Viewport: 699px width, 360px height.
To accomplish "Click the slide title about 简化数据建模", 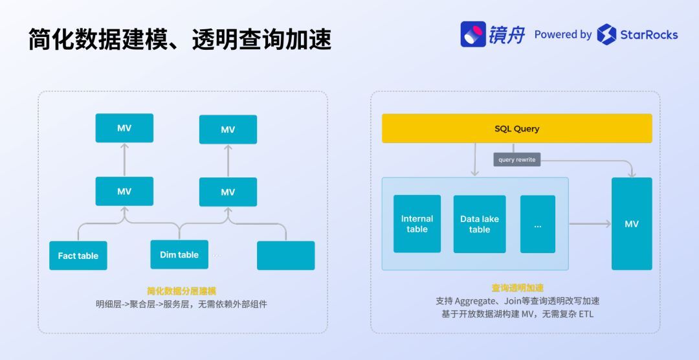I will tap(179, 39).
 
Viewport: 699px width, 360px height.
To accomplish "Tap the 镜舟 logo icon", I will tap(473, 34).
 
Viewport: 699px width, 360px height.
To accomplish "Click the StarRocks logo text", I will tap(649, 34).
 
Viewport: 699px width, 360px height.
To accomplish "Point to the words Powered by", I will tap(562, 34).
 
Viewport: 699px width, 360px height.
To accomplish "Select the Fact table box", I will tap(78, 255).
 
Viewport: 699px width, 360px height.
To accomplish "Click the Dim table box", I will tap(179, 254).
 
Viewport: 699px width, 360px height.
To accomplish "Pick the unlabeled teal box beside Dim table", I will tap(285, 255).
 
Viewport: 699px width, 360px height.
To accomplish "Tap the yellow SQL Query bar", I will tap(516, 128).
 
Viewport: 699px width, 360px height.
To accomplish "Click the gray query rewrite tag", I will tap(516, 159).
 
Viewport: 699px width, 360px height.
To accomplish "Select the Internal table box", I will tap(417, 224).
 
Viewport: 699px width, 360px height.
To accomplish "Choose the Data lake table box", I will tap(480, 224).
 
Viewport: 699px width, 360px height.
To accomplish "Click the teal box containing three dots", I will tap(538, 224).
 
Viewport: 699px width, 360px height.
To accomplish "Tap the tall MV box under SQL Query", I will tap(632, 224).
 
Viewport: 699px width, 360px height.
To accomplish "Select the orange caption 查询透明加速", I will tap(517, 288).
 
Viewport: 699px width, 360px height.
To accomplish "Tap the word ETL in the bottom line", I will tap(585, 314).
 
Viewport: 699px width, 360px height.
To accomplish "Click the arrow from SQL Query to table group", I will tap(474, 159).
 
